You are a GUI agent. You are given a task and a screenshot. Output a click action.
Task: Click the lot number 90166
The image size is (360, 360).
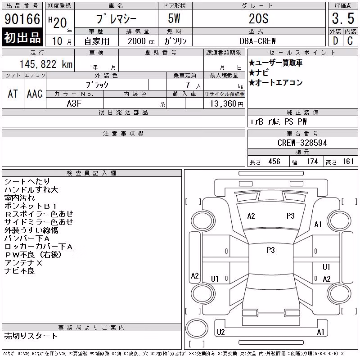pyautogui.click(x=22, y=19)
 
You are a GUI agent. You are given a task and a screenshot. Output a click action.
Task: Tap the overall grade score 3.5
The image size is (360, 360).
pyautogui.click(x=343, y=18)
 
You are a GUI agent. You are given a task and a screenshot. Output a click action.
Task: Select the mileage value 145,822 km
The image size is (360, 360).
pyautogui.click(x=46, y=64)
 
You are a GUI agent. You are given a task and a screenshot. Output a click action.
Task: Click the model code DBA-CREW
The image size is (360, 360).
pyautogui.click(x=257, y=41)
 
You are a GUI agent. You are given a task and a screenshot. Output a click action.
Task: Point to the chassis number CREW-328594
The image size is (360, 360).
pyautogui.click(x=302, y=143)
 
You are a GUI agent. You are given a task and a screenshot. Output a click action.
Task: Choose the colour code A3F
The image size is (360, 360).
pyautogui.click(x=74, y=103)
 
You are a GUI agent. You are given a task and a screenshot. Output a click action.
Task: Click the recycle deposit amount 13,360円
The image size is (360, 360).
pyautogui.click(x=227, y=104)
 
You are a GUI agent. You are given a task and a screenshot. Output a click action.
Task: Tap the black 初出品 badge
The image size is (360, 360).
pyautogui.click(x=22, y=37)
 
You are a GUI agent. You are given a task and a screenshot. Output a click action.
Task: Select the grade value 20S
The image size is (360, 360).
pyautogui.click(x=258, y=19)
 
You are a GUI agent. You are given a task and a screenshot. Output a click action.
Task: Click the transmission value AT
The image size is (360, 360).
pyautogui.click(x=13, y=94)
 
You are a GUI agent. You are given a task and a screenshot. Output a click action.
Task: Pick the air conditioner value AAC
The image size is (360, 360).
pyautogui.click(x=35, y=94)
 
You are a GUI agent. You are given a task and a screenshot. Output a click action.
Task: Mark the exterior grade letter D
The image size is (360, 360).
pyautogui.click(x=335, y=41)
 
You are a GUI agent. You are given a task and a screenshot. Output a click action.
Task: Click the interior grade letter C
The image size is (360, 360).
pyautogui.click(x=350, y=41)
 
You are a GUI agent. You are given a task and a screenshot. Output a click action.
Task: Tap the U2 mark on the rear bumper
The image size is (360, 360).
pyautogui.click(x=220, y=332)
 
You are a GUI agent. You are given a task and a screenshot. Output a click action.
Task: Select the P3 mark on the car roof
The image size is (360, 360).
pyautogui.click(x=271, y=250)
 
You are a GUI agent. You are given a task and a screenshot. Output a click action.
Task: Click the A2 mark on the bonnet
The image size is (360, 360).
pyautogui.click(x=251, y=216)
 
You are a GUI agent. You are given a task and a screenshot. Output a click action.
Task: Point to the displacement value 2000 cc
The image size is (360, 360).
pyautogui.click(x=141, y=41)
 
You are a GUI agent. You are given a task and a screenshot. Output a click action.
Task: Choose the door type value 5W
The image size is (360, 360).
pyautogui.click(x=174, y=18)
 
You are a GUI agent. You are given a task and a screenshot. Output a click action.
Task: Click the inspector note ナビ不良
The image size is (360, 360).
pyautogui.click(x=19, y=271)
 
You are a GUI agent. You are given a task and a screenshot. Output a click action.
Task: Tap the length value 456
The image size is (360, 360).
pyautogui.click(x=274, y=162)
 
